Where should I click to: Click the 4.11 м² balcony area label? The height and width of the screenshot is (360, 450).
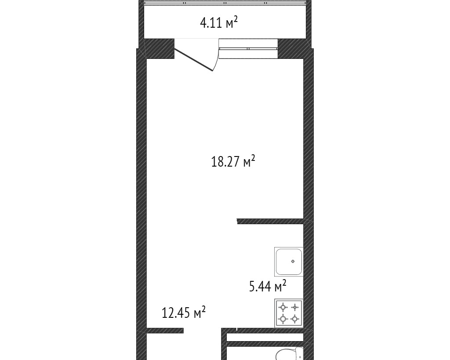click(x=219, y=22)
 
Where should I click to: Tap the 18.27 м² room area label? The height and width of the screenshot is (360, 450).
click(x=233, y=162)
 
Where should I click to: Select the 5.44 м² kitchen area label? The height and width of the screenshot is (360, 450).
click(x=268, y=287)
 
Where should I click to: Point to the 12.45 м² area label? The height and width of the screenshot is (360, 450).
click(x=184, y=313)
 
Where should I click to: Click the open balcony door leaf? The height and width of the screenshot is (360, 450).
click(x=194, y=60)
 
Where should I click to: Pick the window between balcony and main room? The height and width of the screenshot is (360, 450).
click(x=248, y=48)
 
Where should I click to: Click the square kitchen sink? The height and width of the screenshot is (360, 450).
click(x=289, y=262)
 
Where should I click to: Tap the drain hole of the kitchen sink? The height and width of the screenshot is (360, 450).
click(x=293, y=261)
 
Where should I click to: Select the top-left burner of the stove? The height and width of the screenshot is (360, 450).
click(x=283, y=307)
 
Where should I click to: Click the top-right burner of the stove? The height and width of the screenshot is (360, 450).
click(x=295, y=307)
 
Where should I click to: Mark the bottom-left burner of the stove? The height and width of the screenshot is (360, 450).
click(x=283, y=319)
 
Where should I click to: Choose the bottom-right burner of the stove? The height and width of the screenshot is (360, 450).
click(x=295, y=319)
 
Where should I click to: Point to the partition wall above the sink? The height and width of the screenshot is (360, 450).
click(x=270, y=221)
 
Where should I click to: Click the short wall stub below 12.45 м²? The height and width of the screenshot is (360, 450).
click(x=165, y=331)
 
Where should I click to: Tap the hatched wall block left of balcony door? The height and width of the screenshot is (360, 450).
click(x=159, y=48)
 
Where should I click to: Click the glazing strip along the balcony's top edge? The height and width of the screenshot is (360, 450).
click(x=225, y=3)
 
